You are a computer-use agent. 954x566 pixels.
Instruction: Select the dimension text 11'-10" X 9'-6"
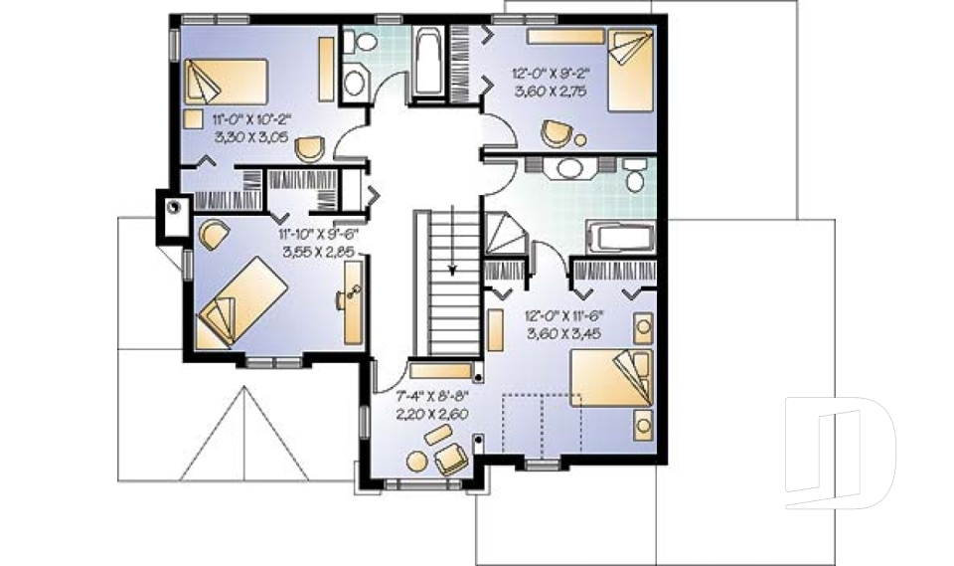[316, 235]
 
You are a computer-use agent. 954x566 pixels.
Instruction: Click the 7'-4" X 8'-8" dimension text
[433, 395]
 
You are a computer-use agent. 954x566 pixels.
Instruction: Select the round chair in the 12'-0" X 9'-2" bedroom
[557, 131]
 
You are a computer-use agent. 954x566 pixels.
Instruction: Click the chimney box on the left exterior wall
[174, 210]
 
